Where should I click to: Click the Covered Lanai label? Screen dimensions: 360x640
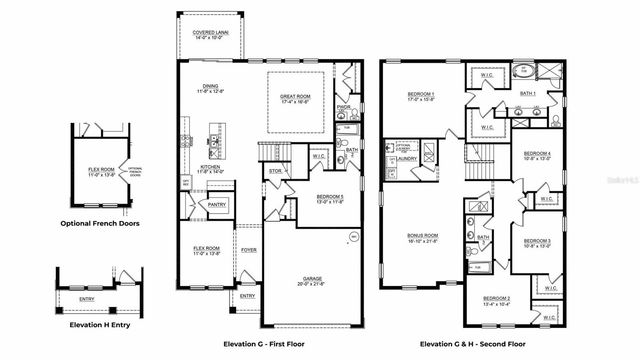[210, 32]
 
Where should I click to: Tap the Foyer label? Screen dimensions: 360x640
[248, 250]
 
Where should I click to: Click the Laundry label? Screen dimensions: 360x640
[406, 158]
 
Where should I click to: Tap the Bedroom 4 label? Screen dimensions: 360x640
[538, 153]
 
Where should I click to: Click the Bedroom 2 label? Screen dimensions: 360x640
[497, 299]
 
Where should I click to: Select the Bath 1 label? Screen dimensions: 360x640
[527, 94]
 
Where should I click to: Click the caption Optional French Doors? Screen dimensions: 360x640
[99, 223]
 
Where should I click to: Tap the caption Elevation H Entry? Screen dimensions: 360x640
[99, 326]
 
